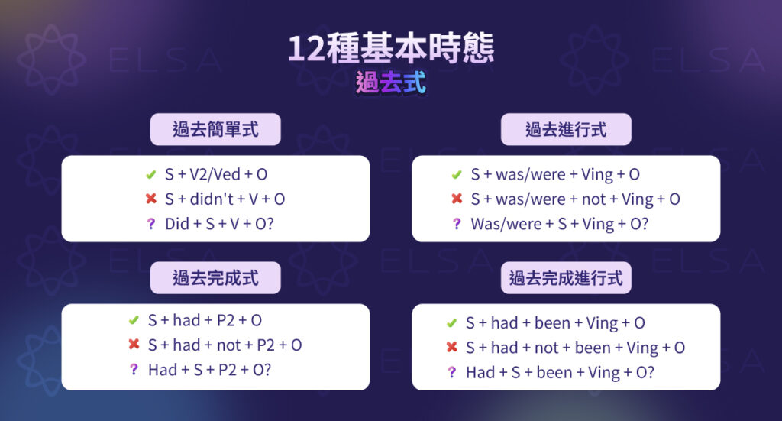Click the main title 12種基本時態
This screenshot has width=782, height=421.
pos(390,48)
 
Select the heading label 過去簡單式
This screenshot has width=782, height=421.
pos(215,129)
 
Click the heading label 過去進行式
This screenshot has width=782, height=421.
pos(566,129)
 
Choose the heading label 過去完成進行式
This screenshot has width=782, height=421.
pos(566,278)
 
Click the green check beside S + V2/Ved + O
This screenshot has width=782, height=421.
pos(150,174)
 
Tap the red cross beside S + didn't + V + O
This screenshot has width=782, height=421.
pos(150,199)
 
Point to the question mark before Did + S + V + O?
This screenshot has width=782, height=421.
pos(150,224)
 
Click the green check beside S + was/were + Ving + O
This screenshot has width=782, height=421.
pos(457,174)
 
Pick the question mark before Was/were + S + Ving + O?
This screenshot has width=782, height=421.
pos(457,224)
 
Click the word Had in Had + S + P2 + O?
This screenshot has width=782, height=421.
pos(163,370)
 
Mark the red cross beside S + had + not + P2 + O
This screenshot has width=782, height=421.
pos(134,345)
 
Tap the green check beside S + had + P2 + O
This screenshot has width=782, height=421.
pos(134,320)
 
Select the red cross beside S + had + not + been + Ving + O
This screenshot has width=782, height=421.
pos(451,348)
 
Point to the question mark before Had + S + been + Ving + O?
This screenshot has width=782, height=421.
pos(451,372)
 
